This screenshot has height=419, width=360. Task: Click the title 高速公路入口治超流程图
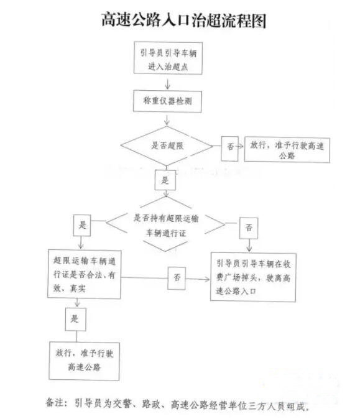coord(183,20)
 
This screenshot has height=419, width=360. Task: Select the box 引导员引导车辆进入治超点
coord(168,58)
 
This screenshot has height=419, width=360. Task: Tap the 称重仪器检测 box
coord(167,101)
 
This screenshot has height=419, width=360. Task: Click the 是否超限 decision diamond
coord(167,146)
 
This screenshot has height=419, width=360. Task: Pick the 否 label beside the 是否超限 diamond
coord(229,149)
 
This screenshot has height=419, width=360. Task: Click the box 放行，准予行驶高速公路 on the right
coord(287,150)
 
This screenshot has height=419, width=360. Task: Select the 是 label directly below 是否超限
coord(165,180)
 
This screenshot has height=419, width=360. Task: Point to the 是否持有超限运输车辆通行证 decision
coord(165,224)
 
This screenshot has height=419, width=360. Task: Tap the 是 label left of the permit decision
coord(82,225)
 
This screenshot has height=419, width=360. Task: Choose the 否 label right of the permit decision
coord(249,228)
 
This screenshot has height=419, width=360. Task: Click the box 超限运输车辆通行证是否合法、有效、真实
coord(84,274)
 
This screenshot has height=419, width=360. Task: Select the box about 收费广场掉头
coord(253,277)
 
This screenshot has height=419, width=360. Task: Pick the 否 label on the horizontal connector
coord(177,278)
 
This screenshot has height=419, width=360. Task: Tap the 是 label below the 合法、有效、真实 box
coord(76,320)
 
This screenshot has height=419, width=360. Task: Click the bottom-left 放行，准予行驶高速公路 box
coord(84,361)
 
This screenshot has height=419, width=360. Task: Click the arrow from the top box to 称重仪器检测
coord(168,84)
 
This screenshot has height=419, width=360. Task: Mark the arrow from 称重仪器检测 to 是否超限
coord(167,120)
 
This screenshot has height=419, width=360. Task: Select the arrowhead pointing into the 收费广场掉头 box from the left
coord(207,279)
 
